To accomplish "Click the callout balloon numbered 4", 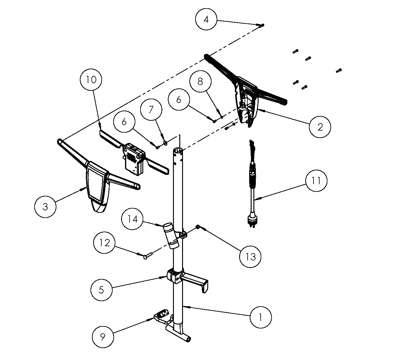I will click(x=206, y=19).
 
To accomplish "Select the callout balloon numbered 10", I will click(x=91, y=80).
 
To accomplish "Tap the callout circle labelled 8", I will click(x=200, y=82).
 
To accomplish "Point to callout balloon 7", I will click(x=151, y=109).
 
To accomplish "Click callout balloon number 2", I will click(x=320, y=127).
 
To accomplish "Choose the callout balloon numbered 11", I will click(x=316, y=181).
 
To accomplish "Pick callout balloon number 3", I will click(x=45, y=207).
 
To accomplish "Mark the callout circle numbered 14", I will click(x=132, y=219).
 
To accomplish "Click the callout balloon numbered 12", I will click(x=104, y=243).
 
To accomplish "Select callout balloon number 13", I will click(x=250, y=257).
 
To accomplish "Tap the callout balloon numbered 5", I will click(x=101, y=290).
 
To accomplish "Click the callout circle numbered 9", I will click(x=103, y=337).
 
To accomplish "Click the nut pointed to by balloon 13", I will click(x=198, y=226).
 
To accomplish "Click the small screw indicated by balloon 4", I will click(x=262, y=25).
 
